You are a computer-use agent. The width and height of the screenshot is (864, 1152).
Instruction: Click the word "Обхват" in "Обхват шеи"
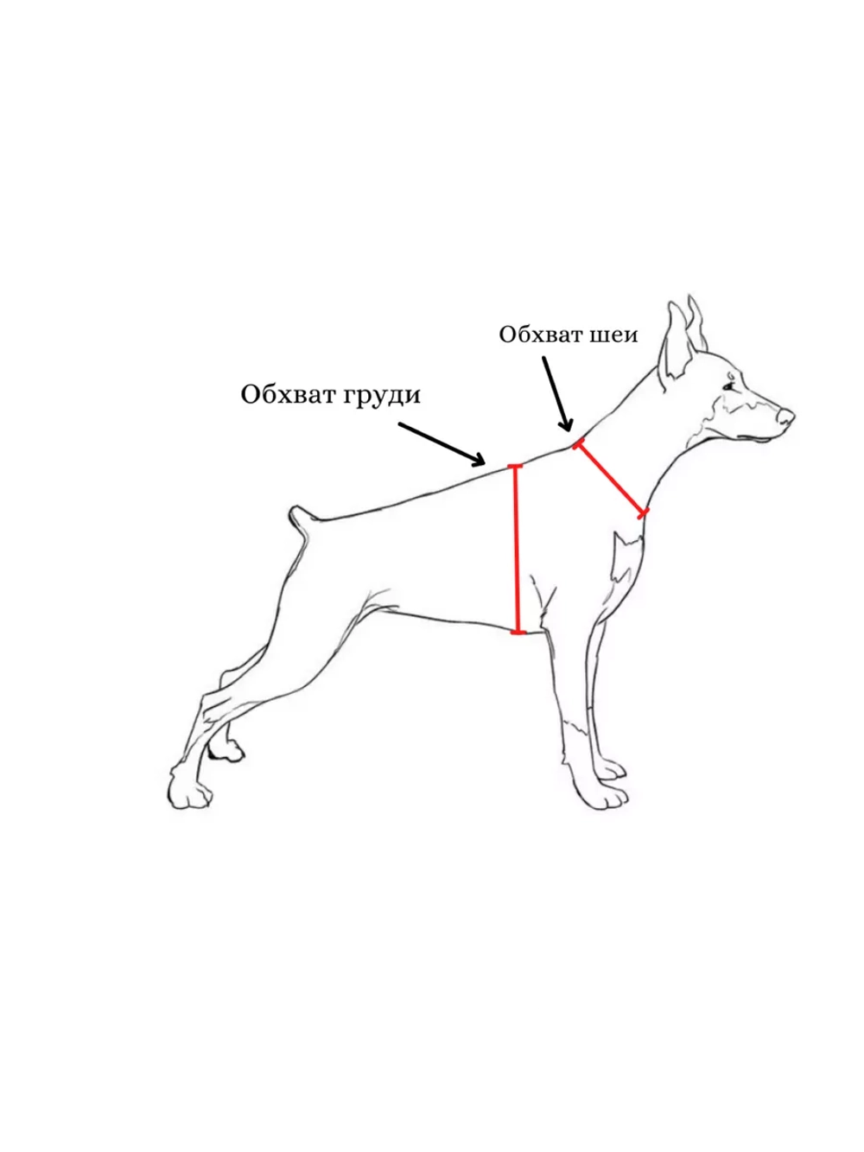(540, 334)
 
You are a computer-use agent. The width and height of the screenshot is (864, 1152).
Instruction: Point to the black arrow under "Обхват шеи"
(557, 394)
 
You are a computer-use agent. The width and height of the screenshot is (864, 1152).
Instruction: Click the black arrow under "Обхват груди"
(442, 444)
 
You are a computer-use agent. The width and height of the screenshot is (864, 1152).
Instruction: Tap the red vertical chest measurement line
(517, 549)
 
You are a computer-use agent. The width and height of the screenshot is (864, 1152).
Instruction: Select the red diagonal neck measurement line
(611, 478)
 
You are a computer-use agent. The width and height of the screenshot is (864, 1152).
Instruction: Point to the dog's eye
(728, 387)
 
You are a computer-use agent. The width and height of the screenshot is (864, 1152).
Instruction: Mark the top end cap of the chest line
(516, 466)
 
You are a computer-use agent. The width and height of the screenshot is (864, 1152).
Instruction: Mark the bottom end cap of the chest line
(518, 633)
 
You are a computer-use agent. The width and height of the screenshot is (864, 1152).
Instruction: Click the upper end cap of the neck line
(577, 444)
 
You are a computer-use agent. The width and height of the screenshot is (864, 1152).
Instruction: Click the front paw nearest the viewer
(603, 797)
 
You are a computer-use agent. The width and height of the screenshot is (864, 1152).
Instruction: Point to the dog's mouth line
(755, 436)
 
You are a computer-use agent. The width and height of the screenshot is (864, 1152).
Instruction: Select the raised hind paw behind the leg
(226, 749)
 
